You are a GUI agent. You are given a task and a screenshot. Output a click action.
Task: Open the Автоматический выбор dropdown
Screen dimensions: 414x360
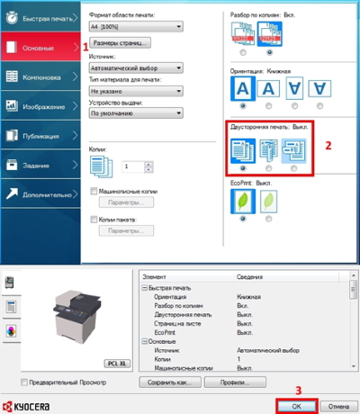[136, 67]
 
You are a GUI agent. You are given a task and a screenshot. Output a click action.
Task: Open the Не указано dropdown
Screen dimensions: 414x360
[136, 91]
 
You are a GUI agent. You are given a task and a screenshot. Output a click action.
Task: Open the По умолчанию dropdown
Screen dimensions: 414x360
[136, 114]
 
